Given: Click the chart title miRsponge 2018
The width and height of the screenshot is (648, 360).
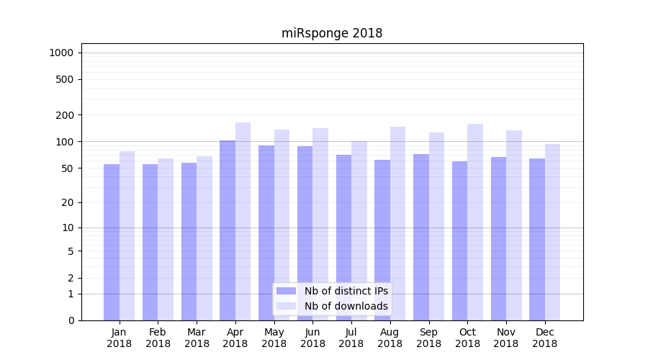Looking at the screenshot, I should click(x=331, y=34).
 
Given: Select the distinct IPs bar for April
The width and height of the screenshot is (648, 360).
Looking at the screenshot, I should click(x=228, y=230).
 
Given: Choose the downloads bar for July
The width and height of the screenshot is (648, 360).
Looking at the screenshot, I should click(x=359, y=230).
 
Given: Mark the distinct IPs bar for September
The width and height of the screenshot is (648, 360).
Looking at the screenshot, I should click(x=421, y=237).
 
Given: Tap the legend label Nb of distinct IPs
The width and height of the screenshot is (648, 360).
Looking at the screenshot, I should click(x=346, y=291).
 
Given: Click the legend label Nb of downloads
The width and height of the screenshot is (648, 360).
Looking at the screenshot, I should click(x=346, y=306).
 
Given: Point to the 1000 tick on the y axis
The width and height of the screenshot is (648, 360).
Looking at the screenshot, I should click(x=61, y=53).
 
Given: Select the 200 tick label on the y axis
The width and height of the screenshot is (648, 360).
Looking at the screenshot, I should click(x=66, y=115).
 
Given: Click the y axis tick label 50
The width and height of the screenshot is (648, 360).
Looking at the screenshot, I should click(x=68, y=168).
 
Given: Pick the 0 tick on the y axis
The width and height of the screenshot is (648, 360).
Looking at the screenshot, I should click(x=71, y=320).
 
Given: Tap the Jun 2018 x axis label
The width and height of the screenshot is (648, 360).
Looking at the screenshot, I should click(x=312, y=338).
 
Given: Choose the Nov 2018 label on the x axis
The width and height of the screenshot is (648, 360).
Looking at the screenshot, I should click(x=506, y=338).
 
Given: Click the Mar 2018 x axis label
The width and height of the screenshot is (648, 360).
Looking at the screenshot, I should click(x=197, y=338).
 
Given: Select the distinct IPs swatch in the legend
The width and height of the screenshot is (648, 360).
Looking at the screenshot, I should click(x=286, y=291).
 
